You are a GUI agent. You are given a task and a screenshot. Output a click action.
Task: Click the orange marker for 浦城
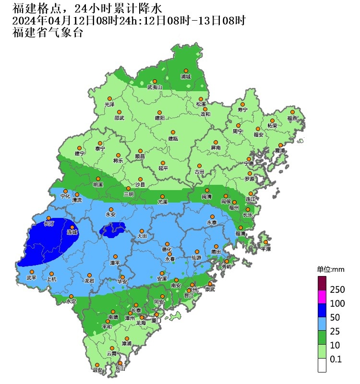point(186,71)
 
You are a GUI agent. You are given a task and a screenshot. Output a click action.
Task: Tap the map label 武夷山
point(155,87)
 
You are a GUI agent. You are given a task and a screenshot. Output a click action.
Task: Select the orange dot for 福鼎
point(292,112)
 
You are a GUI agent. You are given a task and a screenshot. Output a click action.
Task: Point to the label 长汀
point(49,224)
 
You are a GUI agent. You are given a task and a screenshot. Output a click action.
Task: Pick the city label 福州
point(234,208)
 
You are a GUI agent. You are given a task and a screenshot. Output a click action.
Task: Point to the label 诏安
point(97,370)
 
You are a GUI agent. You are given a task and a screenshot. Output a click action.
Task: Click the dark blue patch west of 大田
point(113,229)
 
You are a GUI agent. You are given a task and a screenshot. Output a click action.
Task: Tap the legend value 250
point(337,290)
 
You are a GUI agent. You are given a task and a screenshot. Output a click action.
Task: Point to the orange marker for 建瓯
point(173,132)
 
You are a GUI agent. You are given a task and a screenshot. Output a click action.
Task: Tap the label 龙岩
point(90,280)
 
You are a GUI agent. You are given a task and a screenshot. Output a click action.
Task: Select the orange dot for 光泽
point(110,98)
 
